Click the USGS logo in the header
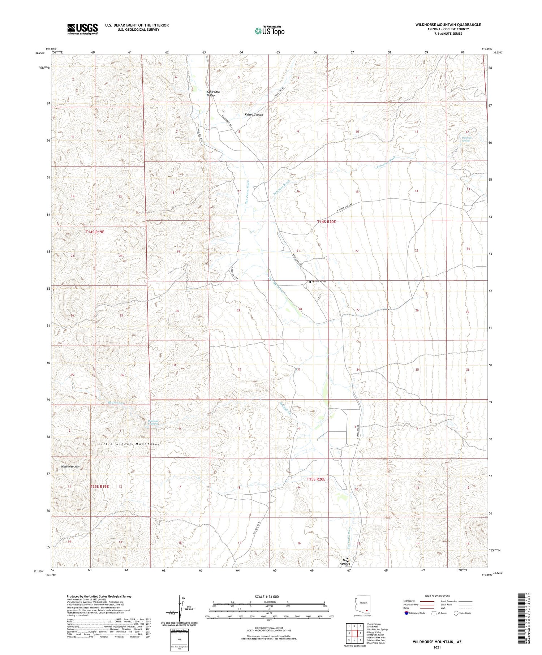tap(82, 29)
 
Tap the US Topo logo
tap(270, 31)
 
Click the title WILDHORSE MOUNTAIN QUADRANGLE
tap(448, 25)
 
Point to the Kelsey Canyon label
tap(254, 115)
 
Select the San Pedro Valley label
tap(213, 94)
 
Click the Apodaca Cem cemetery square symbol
tap(310, 282)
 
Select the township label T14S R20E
tap(326, 222)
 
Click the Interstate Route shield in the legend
tap(406, 613)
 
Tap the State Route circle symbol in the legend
tap(456, 613)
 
